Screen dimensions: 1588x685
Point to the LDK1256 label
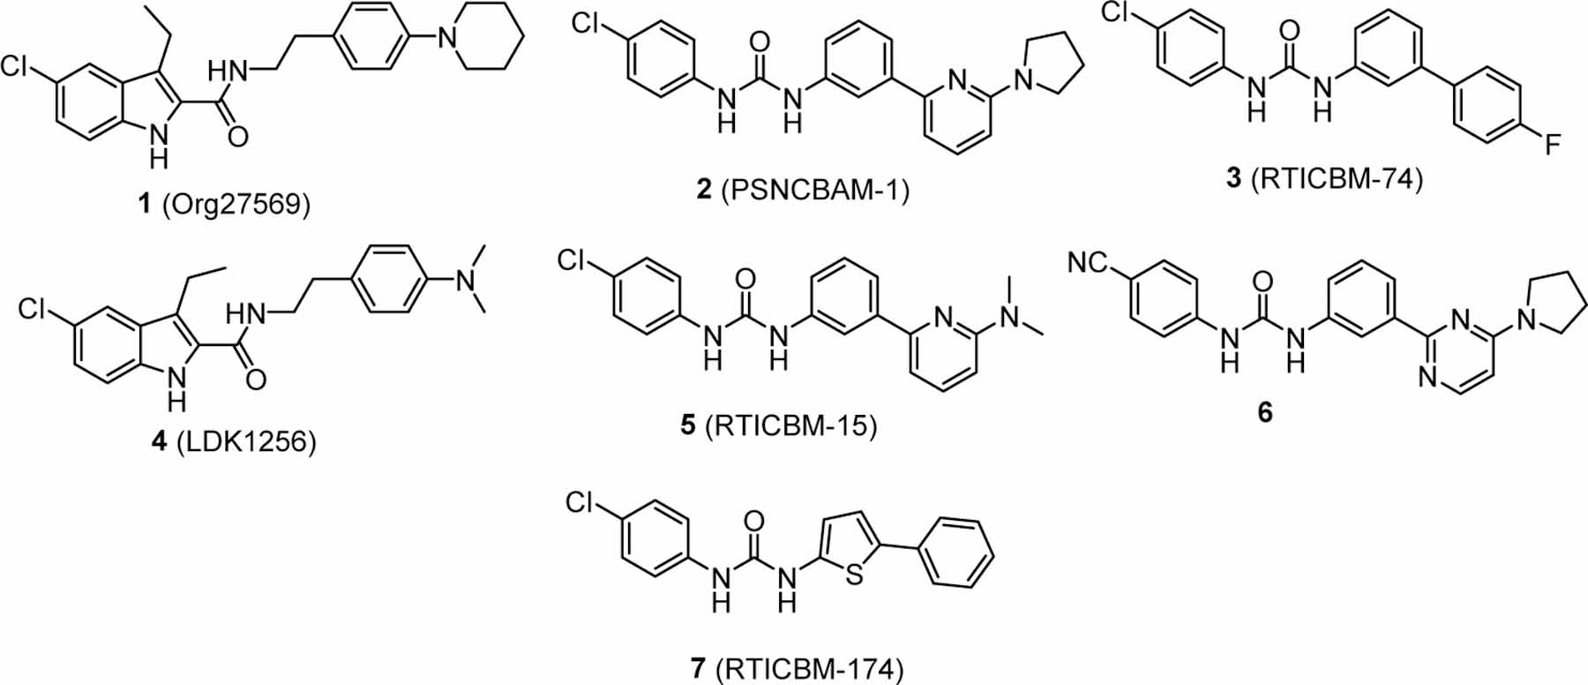pos(233,440)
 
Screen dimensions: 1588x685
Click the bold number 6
pos(1265,411)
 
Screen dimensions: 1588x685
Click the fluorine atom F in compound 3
pos(1552,145)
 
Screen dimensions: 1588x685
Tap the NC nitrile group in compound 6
pos(1087,262)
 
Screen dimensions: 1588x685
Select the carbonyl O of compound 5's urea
pos(745,281)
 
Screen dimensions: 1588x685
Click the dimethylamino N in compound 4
pos(465,279)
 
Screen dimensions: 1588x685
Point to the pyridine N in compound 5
pos(943,315)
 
